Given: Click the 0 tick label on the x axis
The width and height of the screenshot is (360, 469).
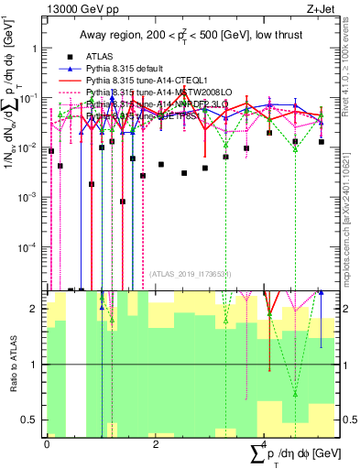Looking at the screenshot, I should click(47, 443).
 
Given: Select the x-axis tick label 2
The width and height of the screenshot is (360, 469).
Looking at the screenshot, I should click(156, 443).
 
